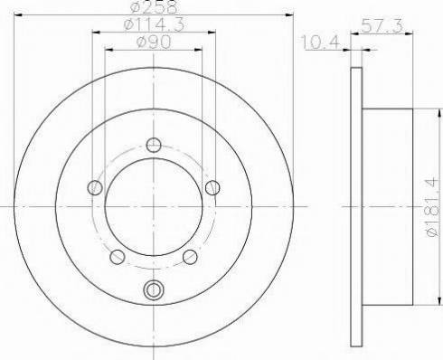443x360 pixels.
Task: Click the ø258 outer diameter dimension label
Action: pyautogui.click(x=154, y=7)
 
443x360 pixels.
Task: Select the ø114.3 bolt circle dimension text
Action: pyautogui.click(x=154, y=27)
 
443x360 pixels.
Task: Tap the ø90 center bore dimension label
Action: pyautogui.click(x=154, y=43)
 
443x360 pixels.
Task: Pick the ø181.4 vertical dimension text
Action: pyautogui.click(x=431, y=205)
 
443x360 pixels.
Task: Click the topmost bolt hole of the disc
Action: pyautogui.click(x=154, y=144)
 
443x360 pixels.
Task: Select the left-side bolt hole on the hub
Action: pyautogui.click(x=95, y=187)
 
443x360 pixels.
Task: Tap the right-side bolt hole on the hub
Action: pyautogui.click(x=212, y=187)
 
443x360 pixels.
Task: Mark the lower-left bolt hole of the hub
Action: pyautogui.click(x=118, y=257)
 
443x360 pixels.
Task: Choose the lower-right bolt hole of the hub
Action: pyautogui.click(x=190, y=257)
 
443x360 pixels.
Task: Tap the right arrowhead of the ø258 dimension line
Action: pyautogui.click(x=292, y=16)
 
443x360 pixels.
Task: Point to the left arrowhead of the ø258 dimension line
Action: pyautogui.click(x=15, y=16)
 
